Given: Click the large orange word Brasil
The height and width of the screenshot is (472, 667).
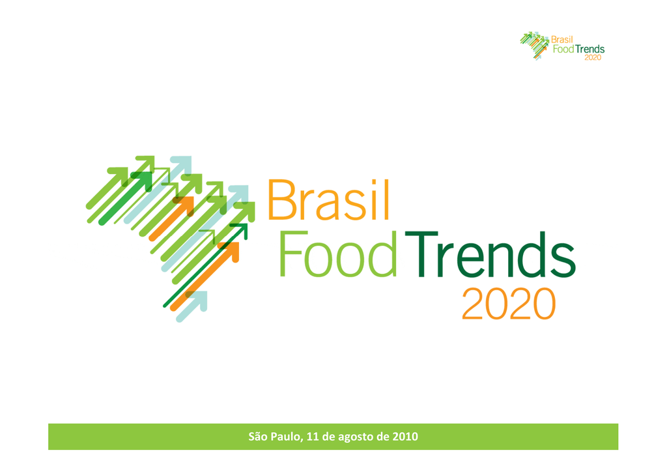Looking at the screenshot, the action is [x=328, y=199].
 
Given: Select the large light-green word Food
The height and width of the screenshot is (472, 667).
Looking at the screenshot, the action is [x=338, y=254].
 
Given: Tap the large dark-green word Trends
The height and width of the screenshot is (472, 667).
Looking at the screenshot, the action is [x=490, y=254].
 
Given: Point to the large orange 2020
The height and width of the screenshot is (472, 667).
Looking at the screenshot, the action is [x=509, y=304].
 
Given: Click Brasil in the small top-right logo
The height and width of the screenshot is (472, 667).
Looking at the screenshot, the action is [x=562, y=40].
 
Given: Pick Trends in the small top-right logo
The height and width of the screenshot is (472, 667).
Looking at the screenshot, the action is [x=589, y=49].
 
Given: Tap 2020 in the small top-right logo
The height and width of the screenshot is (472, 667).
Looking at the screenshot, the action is [x=593, y=57].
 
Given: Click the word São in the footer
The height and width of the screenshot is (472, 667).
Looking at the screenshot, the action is [x=258, y=436].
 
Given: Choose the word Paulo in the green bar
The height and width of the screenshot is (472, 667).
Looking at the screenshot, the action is [x=287, y=437].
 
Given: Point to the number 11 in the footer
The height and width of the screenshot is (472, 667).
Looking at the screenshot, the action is [x=312, y=437].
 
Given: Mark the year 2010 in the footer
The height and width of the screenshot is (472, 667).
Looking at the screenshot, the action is [x=405, y=437].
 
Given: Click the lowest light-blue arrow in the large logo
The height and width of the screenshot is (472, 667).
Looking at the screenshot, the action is [x=192, y=306].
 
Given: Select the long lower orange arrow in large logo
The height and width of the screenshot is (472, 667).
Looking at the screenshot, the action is [x=205, y=276].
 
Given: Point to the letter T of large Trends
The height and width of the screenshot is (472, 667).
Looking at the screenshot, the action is [x=421, y=254].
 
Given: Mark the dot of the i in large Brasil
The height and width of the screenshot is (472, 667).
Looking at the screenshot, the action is [x=372, y=182].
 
